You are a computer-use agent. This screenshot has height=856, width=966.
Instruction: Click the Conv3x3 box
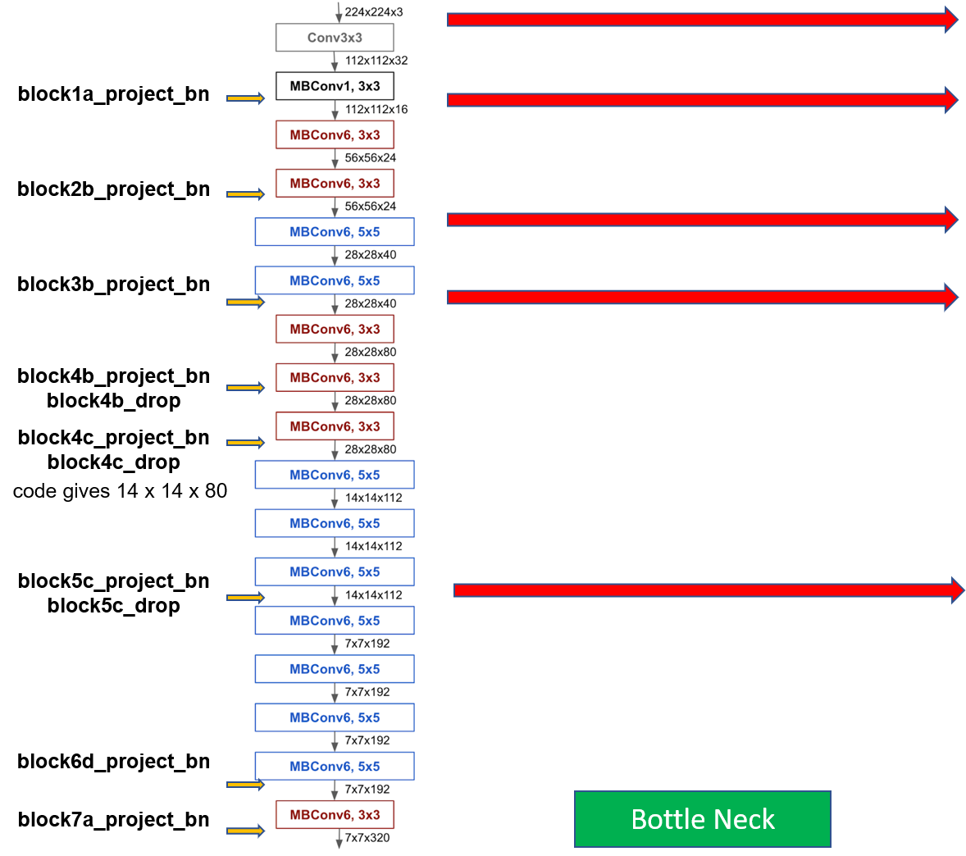(335, 38)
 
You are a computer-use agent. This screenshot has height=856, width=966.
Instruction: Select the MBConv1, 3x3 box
(335, 86)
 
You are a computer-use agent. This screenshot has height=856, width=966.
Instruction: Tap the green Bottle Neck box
(702, 818)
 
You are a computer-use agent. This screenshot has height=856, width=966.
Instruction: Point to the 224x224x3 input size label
(373, 12)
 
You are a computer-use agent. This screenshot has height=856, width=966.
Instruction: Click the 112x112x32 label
(376, 61)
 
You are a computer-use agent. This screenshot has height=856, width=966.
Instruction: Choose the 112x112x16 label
(376, 109)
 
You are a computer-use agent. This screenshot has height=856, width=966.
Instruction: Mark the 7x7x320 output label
(367, 837)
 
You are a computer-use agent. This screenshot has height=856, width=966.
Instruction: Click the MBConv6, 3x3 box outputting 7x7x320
(335, 814)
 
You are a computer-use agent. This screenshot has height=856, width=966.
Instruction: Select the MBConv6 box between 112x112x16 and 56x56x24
(335, 134)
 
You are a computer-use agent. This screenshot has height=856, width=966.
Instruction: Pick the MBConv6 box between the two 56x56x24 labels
(335, 183)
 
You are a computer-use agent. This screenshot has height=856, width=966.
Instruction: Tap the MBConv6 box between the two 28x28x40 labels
(335, 280)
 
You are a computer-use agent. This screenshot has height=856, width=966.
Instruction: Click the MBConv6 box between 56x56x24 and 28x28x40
(335, 232)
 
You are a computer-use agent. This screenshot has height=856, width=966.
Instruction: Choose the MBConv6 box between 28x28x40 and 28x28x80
(335, 329)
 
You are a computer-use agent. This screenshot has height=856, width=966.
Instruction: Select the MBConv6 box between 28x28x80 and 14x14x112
(335, 475)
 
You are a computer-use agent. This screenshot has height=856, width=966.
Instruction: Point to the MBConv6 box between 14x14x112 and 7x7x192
(335, 621)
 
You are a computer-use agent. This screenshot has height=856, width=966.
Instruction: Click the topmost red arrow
(702, 20)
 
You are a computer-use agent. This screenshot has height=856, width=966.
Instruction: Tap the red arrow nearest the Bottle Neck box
(709, 590)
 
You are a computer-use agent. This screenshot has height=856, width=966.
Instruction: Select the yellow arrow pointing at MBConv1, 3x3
(245, 98)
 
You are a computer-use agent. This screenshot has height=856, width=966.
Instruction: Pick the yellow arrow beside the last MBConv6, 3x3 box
(245, 831)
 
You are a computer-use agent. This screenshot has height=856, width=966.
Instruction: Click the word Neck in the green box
(744, 819)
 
